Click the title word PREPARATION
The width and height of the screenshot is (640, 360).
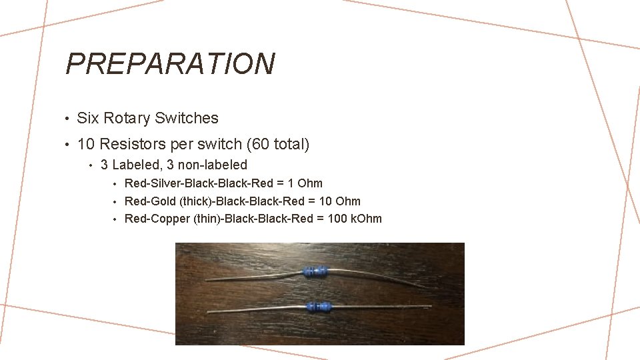point(170,64)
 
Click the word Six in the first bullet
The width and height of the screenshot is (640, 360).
point(88,119)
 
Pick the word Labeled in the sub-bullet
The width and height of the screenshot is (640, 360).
point(133,165)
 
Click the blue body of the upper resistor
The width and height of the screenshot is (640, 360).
point(315,271)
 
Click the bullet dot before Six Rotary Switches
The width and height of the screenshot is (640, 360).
point(68,119)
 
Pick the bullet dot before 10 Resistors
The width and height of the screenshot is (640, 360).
point(68,145)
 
